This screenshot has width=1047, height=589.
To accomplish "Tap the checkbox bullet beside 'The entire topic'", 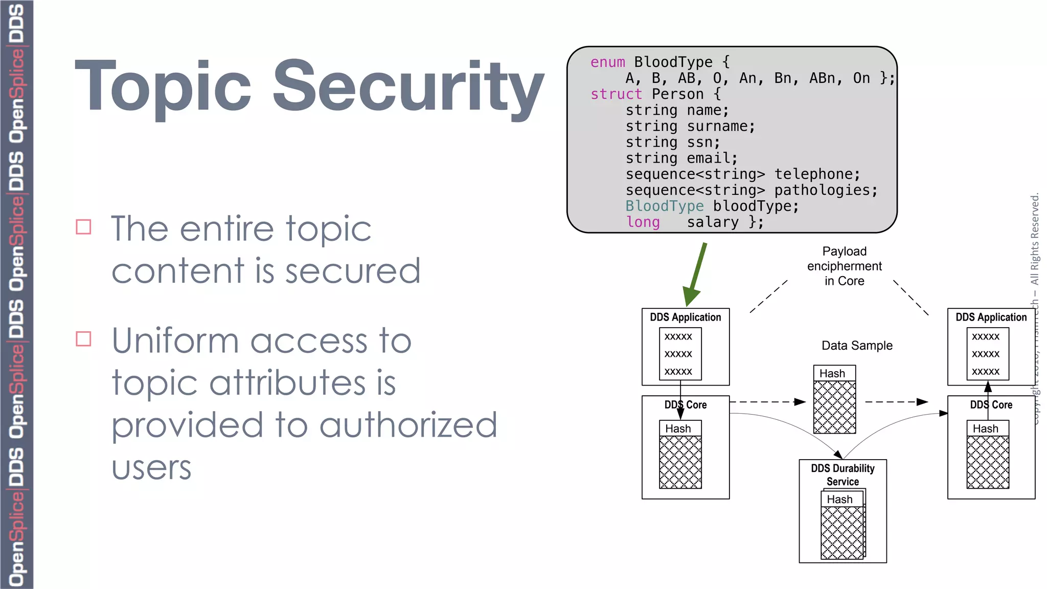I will click(x=83, y=226).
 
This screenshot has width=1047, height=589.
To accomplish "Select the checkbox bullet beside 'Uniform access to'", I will click(x=83, y=339).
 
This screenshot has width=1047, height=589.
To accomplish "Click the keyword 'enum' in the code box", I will click(x=607, y=62).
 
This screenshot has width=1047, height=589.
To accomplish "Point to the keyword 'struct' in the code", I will click(x=616, y=95).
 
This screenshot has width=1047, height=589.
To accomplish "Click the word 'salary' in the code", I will click(x=712, y=222).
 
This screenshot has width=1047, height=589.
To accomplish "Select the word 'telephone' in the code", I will click(x=816, y=174).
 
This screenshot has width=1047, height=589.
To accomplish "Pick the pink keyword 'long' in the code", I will click(x=643, y=222).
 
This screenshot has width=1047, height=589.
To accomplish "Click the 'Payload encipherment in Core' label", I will click(x=844, y=266).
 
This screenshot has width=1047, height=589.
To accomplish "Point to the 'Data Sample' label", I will click(x=857, y=346).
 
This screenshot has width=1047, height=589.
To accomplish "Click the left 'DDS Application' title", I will click(x=685, y=317).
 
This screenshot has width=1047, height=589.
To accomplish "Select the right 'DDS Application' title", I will click(x=991, y=317).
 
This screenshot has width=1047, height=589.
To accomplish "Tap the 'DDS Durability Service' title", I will click(x=843, y=474).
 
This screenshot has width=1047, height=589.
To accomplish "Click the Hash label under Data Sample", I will click(x=832, y=374).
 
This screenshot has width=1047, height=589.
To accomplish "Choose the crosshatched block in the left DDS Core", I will click(x=680, y=462).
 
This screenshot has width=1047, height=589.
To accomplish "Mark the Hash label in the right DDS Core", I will click(x=985, y=428).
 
